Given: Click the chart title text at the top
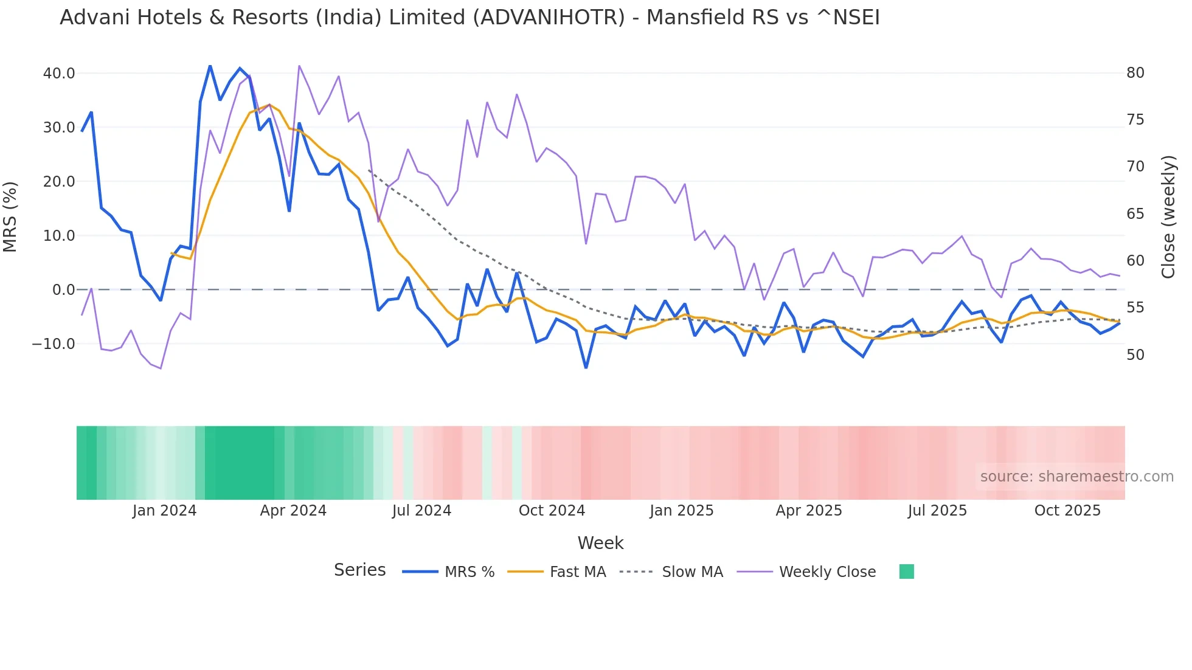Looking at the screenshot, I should pyautogui.click(x=470, y=18).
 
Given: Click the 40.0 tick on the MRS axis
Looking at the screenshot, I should pyautogui.click(x=59, y=74).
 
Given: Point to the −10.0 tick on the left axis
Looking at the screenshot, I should pyautogui.click(x=54, y=344).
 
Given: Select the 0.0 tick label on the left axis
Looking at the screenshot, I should pyautogui.click(x=63, y=290).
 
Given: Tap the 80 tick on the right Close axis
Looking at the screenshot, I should pyautogui.click(x=1135, y=73).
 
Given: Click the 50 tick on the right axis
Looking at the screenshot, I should pyautogui.click(x=1135, y=355).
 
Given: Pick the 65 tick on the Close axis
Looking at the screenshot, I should pyautogui.click(x=1135, y=214).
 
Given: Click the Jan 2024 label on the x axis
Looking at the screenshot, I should pyautogui.click(x=164, y=511).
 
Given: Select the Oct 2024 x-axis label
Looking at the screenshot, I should pyautogui.click(x=552, y=511).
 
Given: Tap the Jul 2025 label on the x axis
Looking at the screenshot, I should pyautogui.click(x=937, y=511).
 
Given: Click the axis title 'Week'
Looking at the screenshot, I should pyautogui.click(x=600, y=543).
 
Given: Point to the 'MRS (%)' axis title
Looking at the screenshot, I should pyautogui.click(x=10, y=217).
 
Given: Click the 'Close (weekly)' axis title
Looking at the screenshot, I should pyautogui.click(x=1168, y=217).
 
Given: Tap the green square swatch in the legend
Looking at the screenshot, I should pyautogui.click(x=906, y=572).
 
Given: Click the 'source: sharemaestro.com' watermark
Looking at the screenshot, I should pyautogui.click(x=1076, y=477).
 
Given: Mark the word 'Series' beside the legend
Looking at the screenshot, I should pyautogui.click(x=359, y=570).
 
